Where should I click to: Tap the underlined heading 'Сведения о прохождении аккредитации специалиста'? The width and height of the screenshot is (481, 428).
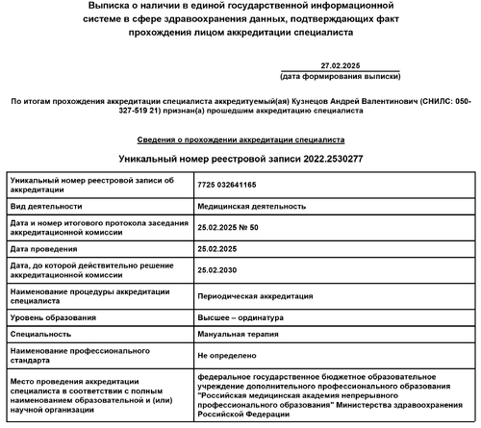point(240,139)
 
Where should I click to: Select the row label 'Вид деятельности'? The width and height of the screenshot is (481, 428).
point(44,206)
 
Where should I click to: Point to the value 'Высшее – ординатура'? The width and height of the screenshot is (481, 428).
point(240,316)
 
